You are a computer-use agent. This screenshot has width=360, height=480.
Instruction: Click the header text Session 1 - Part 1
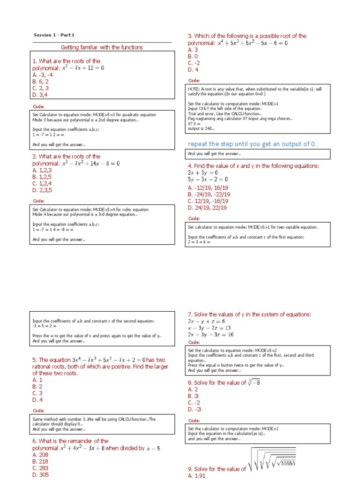click(x=54, y=35)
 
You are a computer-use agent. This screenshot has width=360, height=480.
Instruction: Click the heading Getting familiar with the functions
click(x=102, y=47)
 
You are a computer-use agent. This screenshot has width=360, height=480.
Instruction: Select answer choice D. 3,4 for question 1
click(x=41, y=95)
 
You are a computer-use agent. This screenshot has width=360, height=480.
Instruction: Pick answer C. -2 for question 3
click(x=194, y=63)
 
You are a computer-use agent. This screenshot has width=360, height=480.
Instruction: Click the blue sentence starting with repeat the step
click(x=253, y=143)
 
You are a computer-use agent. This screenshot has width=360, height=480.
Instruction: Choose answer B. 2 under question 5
click(x=37, y=387)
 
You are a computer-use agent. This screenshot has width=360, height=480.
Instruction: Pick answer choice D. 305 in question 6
click(x=41, y=475)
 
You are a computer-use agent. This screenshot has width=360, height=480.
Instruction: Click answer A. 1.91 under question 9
click(x=196, y=476)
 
